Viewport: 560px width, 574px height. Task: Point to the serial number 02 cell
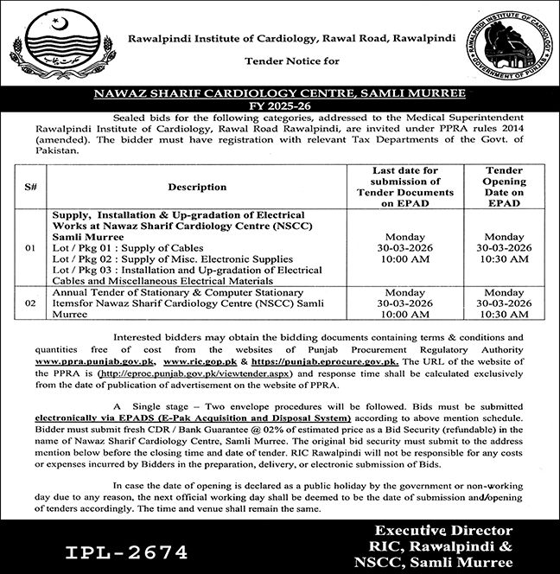[30, 304]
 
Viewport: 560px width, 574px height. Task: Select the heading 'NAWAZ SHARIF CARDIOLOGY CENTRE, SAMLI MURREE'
[281, 92]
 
